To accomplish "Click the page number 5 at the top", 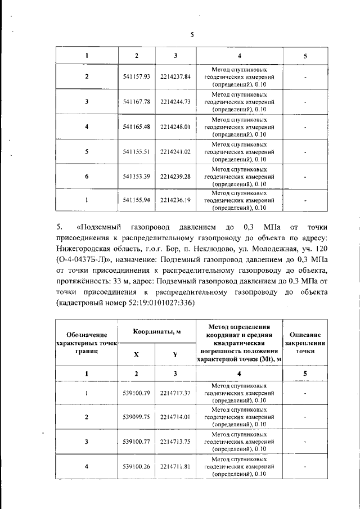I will [x=192, y=34].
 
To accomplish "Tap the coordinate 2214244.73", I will [x=175, y=102].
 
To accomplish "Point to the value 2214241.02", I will [x=175, y=152].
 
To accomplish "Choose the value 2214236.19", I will [x=175, y=200].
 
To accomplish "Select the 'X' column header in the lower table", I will [x=136, y=355].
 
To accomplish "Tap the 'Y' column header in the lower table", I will [x=175, y=355].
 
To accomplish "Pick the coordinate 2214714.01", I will [x=175, y=417].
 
